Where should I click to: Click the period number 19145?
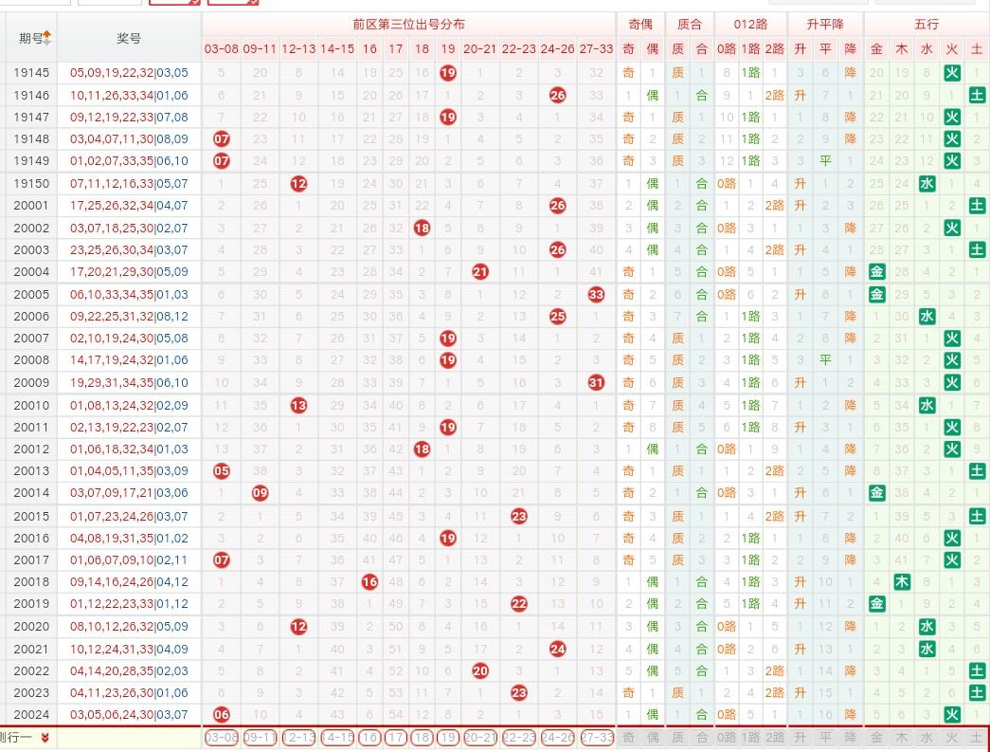pos(31,73)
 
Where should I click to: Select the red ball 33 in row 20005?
pos(596,294)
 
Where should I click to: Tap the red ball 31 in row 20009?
pos(596,382)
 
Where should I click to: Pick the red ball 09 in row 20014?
pos(260,493)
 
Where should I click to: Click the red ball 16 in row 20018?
pos(369,581)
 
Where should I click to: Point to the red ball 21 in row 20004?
pos(480,272)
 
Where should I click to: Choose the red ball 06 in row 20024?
pos(222,714)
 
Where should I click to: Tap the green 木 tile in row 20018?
pos(902,581)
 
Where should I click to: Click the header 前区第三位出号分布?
pos(408,24)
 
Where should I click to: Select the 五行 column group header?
pos(927,24)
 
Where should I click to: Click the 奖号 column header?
pos(129,38)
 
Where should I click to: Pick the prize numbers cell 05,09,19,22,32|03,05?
pos(129,73)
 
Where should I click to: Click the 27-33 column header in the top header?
pos(596,48)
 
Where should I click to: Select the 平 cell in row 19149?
pos(825,161)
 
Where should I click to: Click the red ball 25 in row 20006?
pos(558,316)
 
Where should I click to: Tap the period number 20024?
pos(31,714)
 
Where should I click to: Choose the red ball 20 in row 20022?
pos(480,670)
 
